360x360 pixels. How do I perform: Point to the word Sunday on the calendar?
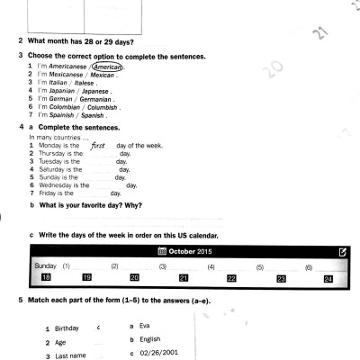[x=45, y=266]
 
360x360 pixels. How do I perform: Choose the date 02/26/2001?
[x=160, y=353]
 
